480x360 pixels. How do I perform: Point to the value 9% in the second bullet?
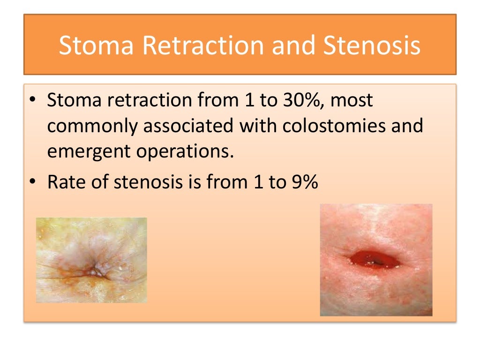[303, 182]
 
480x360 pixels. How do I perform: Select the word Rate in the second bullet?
[66, 182]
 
